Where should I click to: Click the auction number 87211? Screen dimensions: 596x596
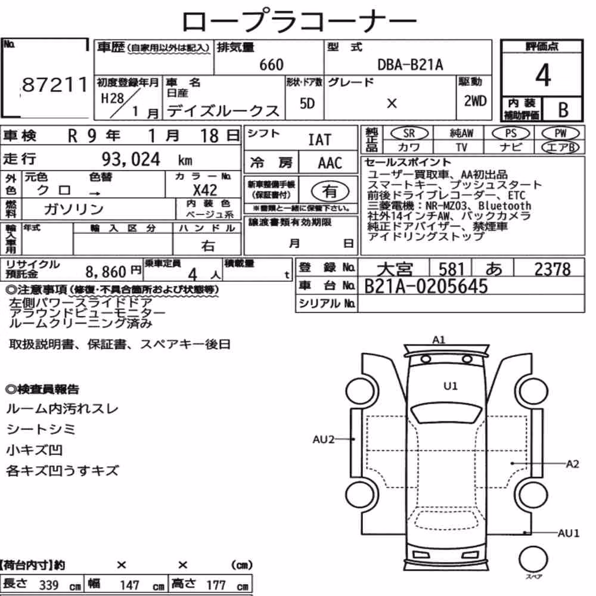click(x=55, y=85)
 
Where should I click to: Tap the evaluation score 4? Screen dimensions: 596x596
click(x=543, y=75)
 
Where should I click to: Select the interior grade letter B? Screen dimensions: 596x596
click(x=563, y=110)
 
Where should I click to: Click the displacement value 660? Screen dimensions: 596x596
click(x=271, y=64)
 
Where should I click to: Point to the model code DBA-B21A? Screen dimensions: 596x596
click(x=410, y=64)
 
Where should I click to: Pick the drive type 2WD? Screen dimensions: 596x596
click(x=475, y=101)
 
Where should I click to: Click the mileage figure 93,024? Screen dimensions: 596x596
click(x=131, y=159)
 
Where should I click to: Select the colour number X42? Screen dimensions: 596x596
click(x=205, y=190)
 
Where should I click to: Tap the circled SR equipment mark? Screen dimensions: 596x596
click(x=409, y=133)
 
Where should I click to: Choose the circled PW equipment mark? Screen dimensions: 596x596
click(x=560, y=133)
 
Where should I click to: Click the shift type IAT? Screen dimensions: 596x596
click(x=319, y=140)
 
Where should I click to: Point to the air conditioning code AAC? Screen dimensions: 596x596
click(x=330, y=163)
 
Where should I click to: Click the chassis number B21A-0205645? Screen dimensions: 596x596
click(x=426, y=286)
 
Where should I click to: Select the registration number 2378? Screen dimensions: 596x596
click(x=552, y=269)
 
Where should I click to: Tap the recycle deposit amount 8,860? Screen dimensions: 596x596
click(x=105, y=272)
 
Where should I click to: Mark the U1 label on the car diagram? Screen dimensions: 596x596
click(x=451, y=386)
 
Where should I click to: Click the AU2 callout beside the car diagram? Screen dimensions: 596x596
click(x=324, y=439)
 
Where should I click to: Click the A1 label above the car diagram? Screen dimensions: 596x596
click(x=439, y=340)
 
